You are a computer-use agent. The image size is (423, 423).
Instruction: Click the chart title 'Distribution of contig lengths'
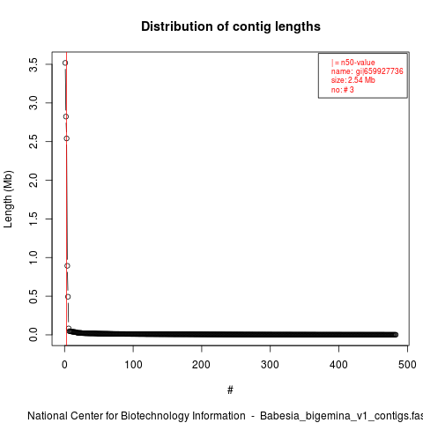(x=231, y=26)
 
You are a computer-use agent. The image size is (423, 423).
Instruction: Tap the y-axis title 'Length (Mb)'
(x=8, y=199)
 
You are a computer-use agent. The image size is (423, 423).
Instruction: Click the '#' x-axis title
(x=230, y=390)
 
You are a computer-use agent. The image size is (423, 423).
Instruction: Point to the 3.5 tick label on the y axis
(x=33, y=64)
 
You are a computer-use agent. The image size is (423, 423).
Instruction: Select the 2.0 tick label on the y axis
(x=33, y=180)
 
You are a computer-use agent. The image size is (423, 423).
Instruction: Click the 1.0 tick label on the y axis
(x=33, y=257)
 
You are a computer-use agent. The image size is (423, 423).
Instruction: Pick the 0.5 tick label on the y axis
(x=33, y=296)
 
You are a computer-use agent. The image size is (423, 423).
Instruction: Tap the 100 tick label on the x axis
(x=133, y=365)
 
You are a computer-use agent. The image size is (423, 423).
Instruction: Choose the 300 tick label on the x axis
(x=270, y=365)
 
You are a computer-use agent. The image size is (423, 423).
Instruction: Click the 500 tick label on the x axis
(x=407, y=365)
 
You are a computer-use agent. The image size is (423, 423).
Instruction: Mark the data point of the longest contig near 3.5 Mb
(x=65, y=63)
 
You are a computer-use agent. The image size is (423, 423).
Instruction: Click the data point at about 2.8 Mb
(x=66, y=116)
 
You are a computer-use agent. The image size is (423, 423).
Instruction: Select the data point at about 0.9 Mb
(x=67, y=266)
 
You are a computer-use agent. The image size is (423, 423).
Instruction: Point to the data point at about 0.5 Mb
(x=68, y=297)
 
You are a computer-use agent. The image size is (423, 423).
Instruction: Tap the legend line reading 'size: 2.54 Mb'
(x=353, y=80)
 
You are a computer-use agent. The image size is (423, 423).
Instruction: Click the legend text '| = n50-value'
(x=353, y=63)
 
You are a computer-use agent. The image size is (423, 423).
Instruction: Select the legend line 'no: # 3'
(x=343, y=90)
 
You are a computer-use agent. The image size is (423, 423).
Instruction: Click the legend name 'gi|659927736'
(x=379, y=71)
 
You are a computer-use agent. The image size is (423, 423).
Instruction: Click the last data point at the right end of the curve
(x=396, y=335)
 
